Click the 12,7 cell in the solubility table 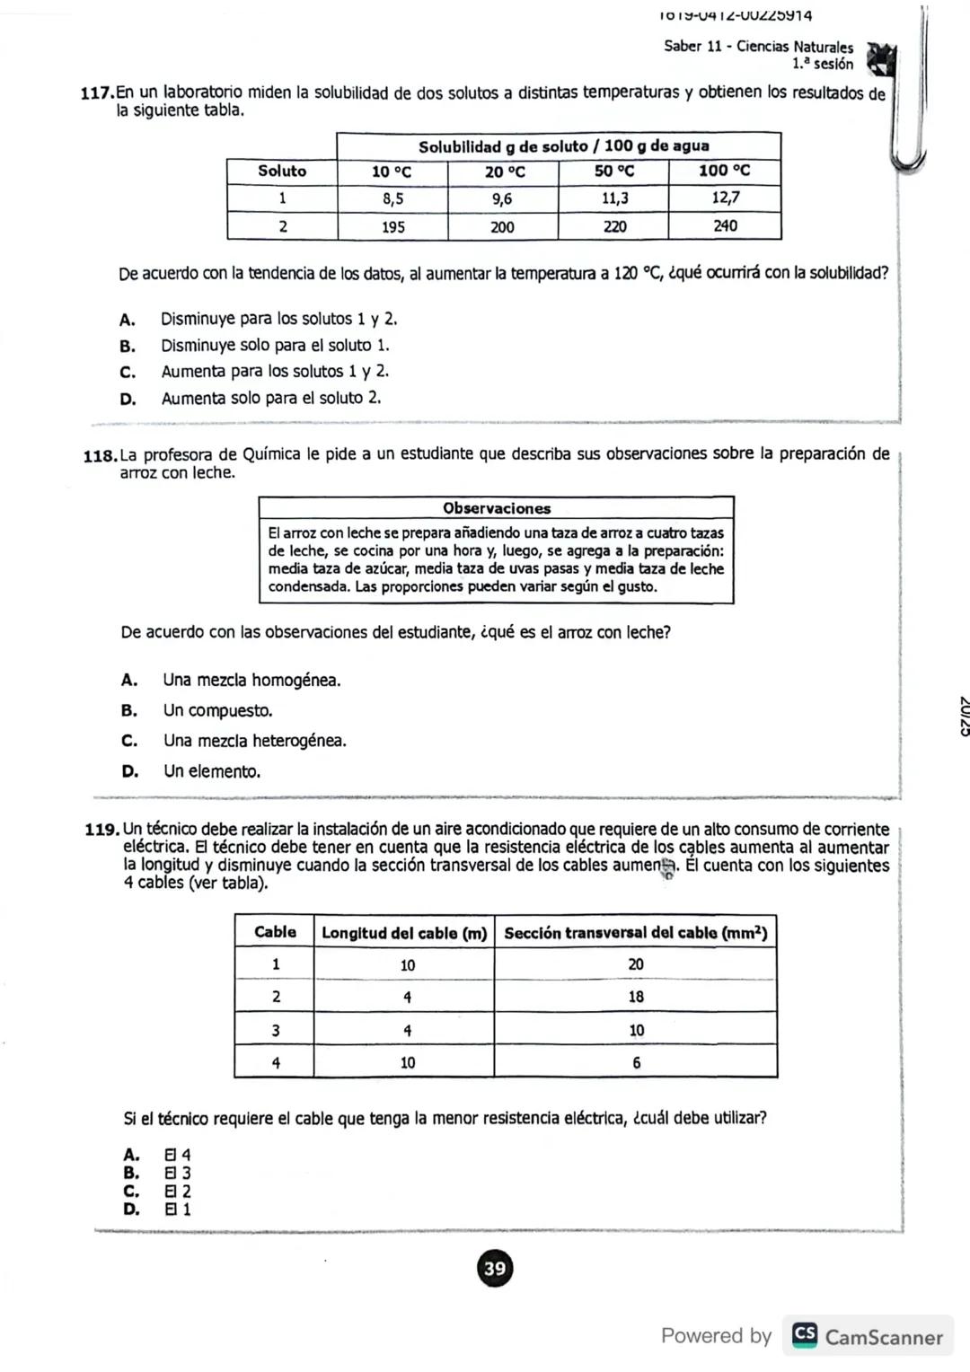click(x=725, y=198)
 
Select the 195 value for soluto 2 click(x=392, y=227)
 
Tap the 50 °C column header click(x=613, y=171)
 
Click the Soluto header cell click(x=282, y=171)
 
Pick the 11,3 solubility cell click(x=613, y=198)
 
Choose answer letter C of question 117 click(x=128, y=372)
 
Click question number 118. click(x=99, y=455)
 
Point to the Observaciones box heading click(x=496, y=508)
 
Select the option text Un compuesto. click(x=217, y=710)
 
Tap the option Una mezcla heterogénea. click(x=254, y=741)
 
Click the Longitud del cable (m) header click(x=404, y=933)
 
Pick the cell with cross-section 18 click(x=636, y=997)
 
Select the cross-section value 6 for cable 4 click(x=636, y=1062)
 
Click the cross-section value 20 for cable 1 click(x=636, y=964)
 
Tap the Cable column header click(x=275, y=932)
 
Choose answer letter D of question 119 click(x=131, y=1209)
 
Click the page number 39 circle click(x=494, y=1268)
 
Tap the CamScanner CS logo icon click(x=805, y=1335)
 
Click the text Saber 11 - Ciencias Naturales click(x=758, y=46)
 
